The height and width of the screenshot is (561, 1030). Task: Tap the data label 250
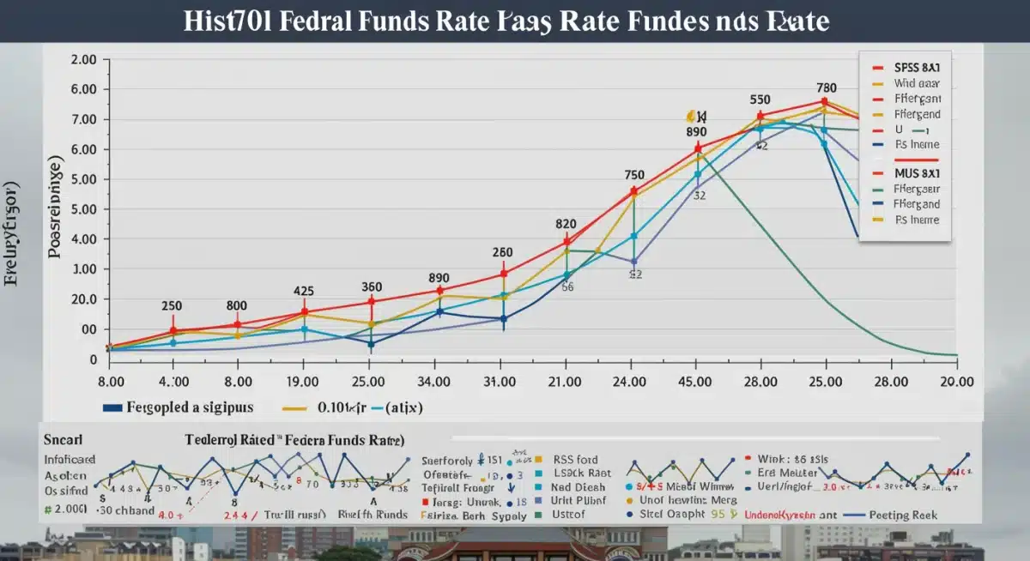pos(172,305)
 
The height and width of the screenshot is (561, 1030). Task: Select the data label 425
pos(303,291)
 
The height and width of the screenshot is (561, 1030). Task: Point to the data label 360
pos(371,287)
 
